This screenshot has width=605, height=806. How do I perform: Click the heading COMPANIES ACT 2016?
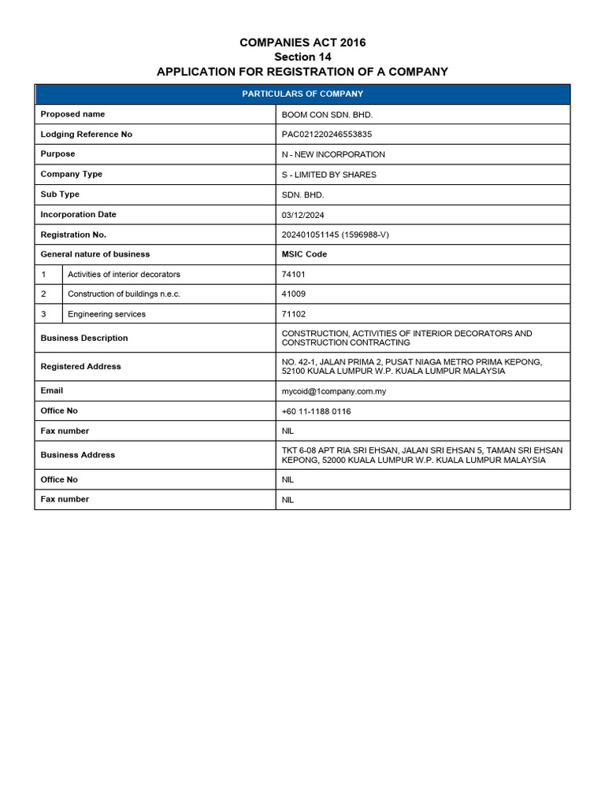(x=302, y=43)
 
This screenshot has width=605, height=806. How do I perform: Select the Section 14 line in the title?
(x=302, y=57)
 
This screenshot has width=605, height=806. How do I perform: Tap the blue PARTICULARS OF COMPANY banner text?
(x=302, y=94)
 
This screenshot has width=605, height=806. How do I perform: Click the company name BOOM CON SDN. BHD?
(x=327, y=115)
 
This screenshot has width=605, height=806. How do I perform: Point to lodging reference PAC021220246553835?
(x=327, y=135)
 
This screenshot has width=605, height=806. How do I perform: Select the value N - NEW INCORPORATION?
(x=333, y=154)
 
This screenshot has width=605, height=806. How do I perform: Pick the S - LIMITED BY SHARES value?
(x=328, y=175)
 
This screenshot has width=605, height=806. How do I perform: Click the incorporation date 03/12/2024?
(x=303, y=215)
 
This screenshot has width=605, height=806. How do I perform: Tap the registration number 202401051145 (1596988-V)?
(x=332, y=235)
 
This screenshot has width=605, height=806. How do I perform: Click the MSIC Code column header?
(x=304, y=254)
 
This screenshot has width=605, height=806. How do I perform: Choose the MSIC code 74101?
(x=294, y=275)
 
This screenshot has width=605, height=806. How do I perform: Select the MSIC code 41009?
(x=294, y=294)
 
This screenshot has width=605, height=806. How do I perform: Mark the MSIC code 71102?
(x=294, y=314)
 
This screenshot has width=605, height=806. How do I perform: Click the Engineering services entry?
(x=106, y=314)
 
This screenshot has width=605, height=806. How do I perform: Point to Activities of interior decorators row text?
(x=124, y=275)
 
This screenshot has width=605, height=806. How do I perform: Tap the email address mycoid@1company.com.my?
(x=334, y=391)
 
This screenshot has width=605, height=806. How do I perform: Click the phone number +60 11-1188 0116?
(x=316, y=412)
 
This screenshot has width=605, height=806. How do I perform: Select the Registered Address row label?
(x=80, y=367)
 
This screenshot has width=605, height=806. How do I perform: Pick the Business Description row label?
(x=84, y=338)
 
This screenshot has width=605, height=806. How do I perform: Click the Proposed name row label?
(x=72, y=114)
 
